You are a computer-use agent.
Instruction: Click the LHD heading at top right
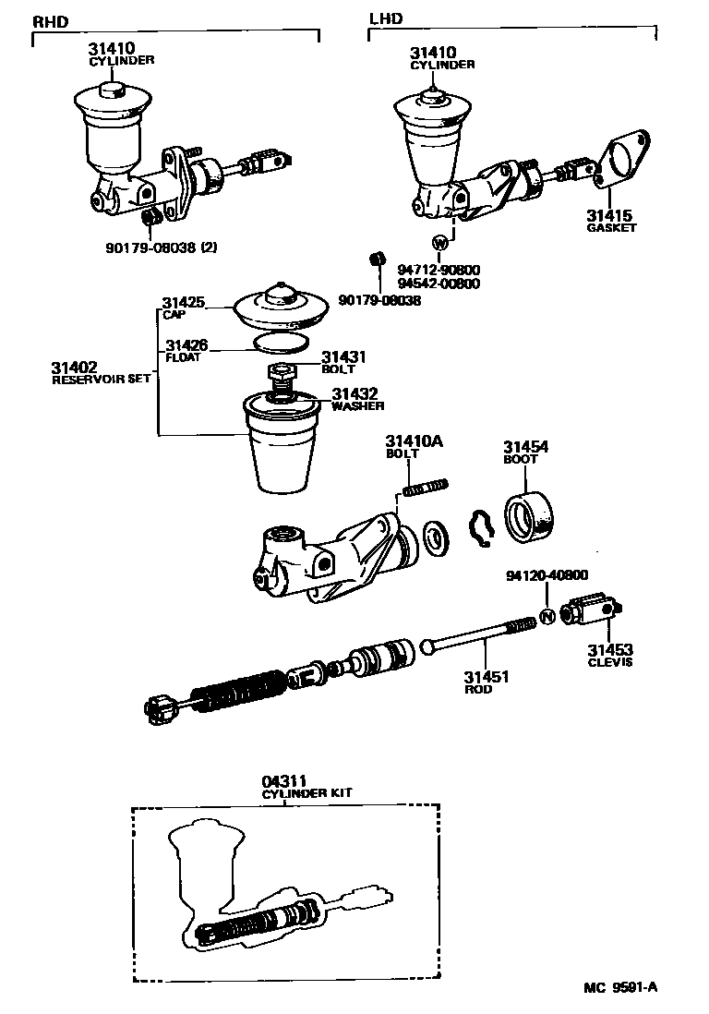point(386,18)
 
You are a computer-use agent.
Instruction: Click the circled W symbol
point(440,243)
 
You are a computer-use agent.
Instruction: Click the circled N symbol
point(546,617)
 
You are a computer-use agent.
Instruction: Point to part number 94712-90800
point(439,270)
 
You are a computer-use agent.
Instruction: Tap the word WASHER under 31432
point(357,405)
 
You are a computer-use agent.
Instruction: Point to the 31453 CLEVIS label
point(610,655)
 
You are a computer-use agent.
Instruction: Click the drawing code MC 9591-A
point(619,987)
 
